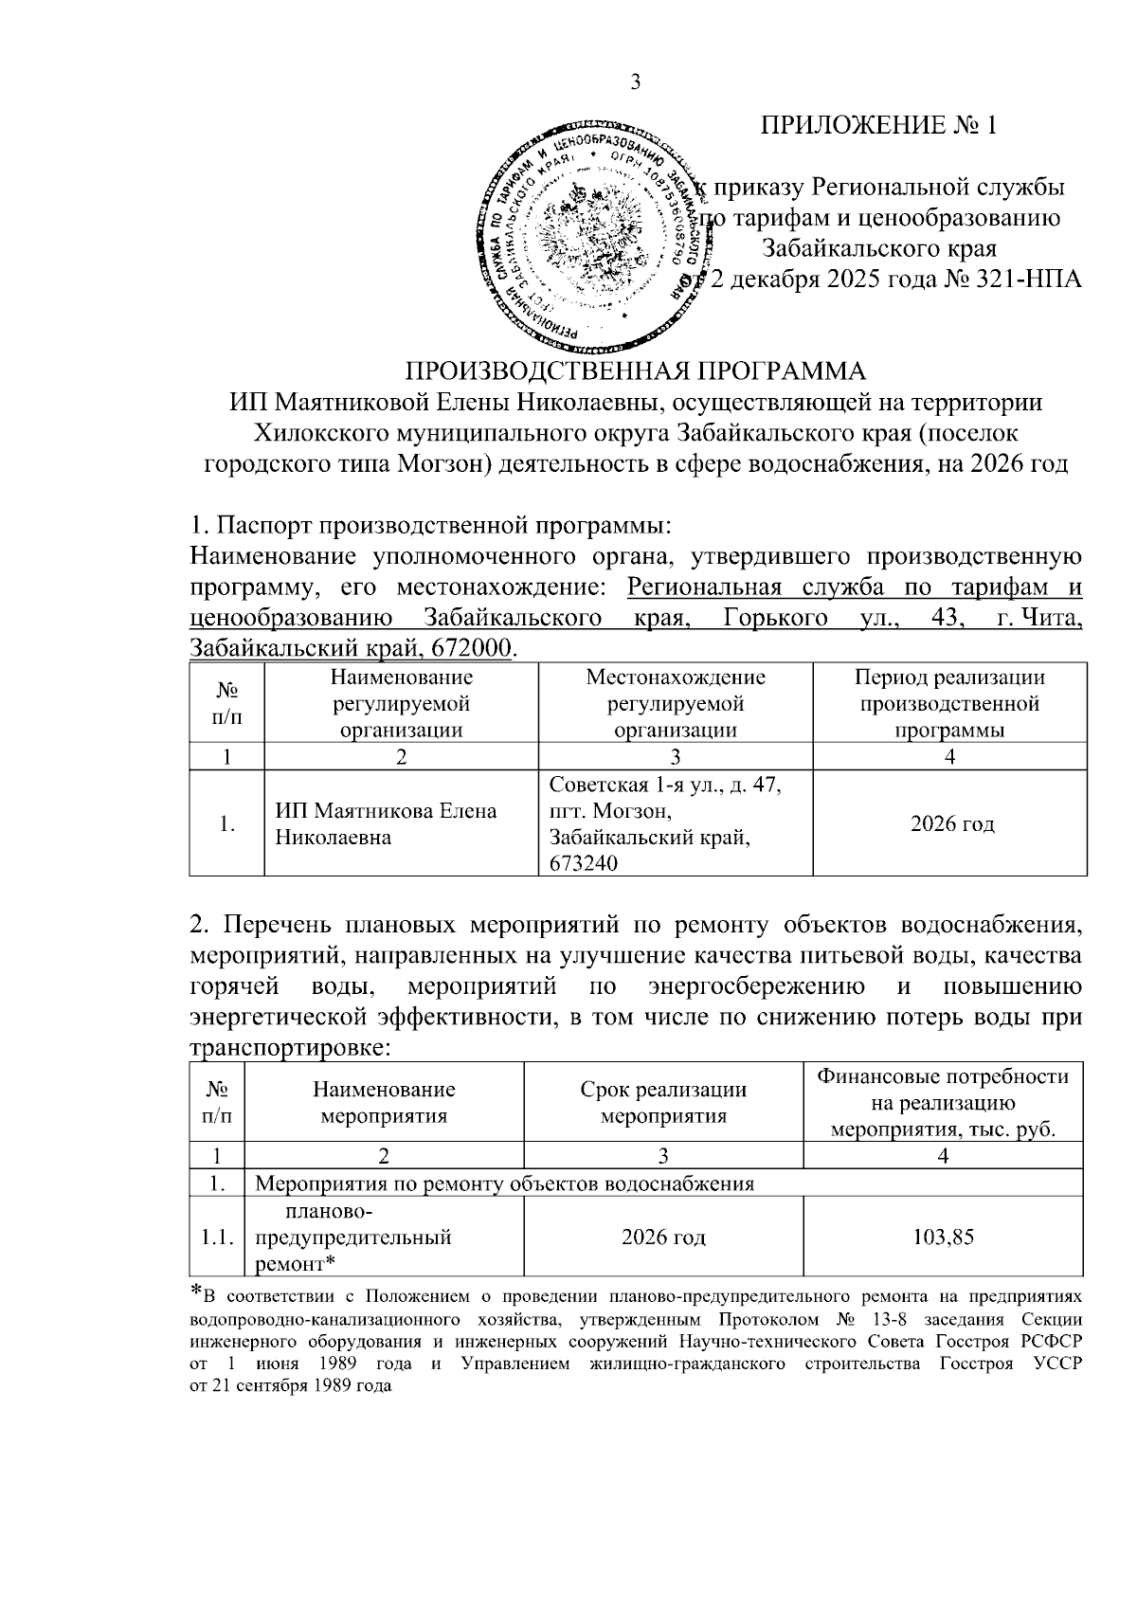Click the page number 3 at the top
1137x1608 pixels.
636,82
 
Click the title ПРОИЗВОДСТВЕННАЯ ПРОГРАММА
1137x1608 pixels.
636,370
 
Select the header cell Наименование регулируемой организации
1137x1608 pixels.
401,703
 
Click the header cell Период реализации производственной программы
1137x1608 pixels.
949,703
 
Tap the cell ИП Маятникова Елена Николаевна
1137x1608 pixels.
386,824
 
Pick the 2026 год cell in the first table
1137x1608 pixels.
951,824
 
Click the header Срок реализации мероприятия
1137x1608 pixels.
663,1102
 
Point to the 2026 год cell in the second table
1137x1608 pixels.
663,1238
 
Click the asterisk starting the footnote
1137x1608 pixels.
196,1292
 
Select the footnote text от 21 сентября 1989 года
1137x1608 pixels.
290,1384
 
